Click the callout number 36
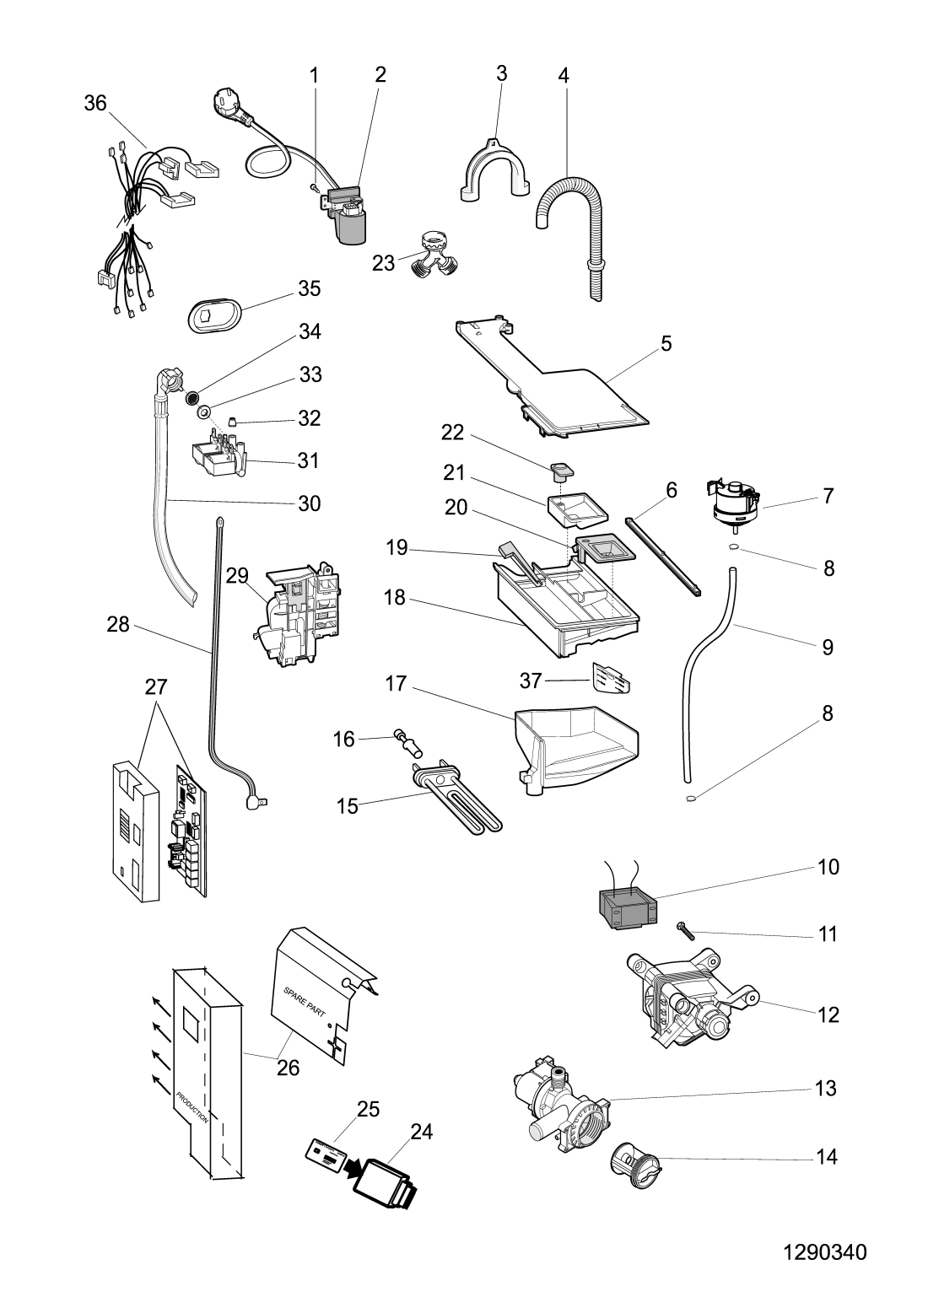(x=95, y=103)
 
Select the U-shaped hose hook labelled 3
(x=496, y=169)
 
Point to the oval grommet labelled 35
(x=213, y=315)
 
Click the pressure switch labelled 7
(x=731, y=503)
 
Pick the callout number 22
(x=453, y=432)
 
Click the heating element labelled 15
(x=456, y=793)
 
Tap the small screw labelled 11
(x=684, y=931)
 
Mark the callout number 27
(x=155, y=687)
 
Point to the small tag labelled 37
(x=612, y=677)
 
